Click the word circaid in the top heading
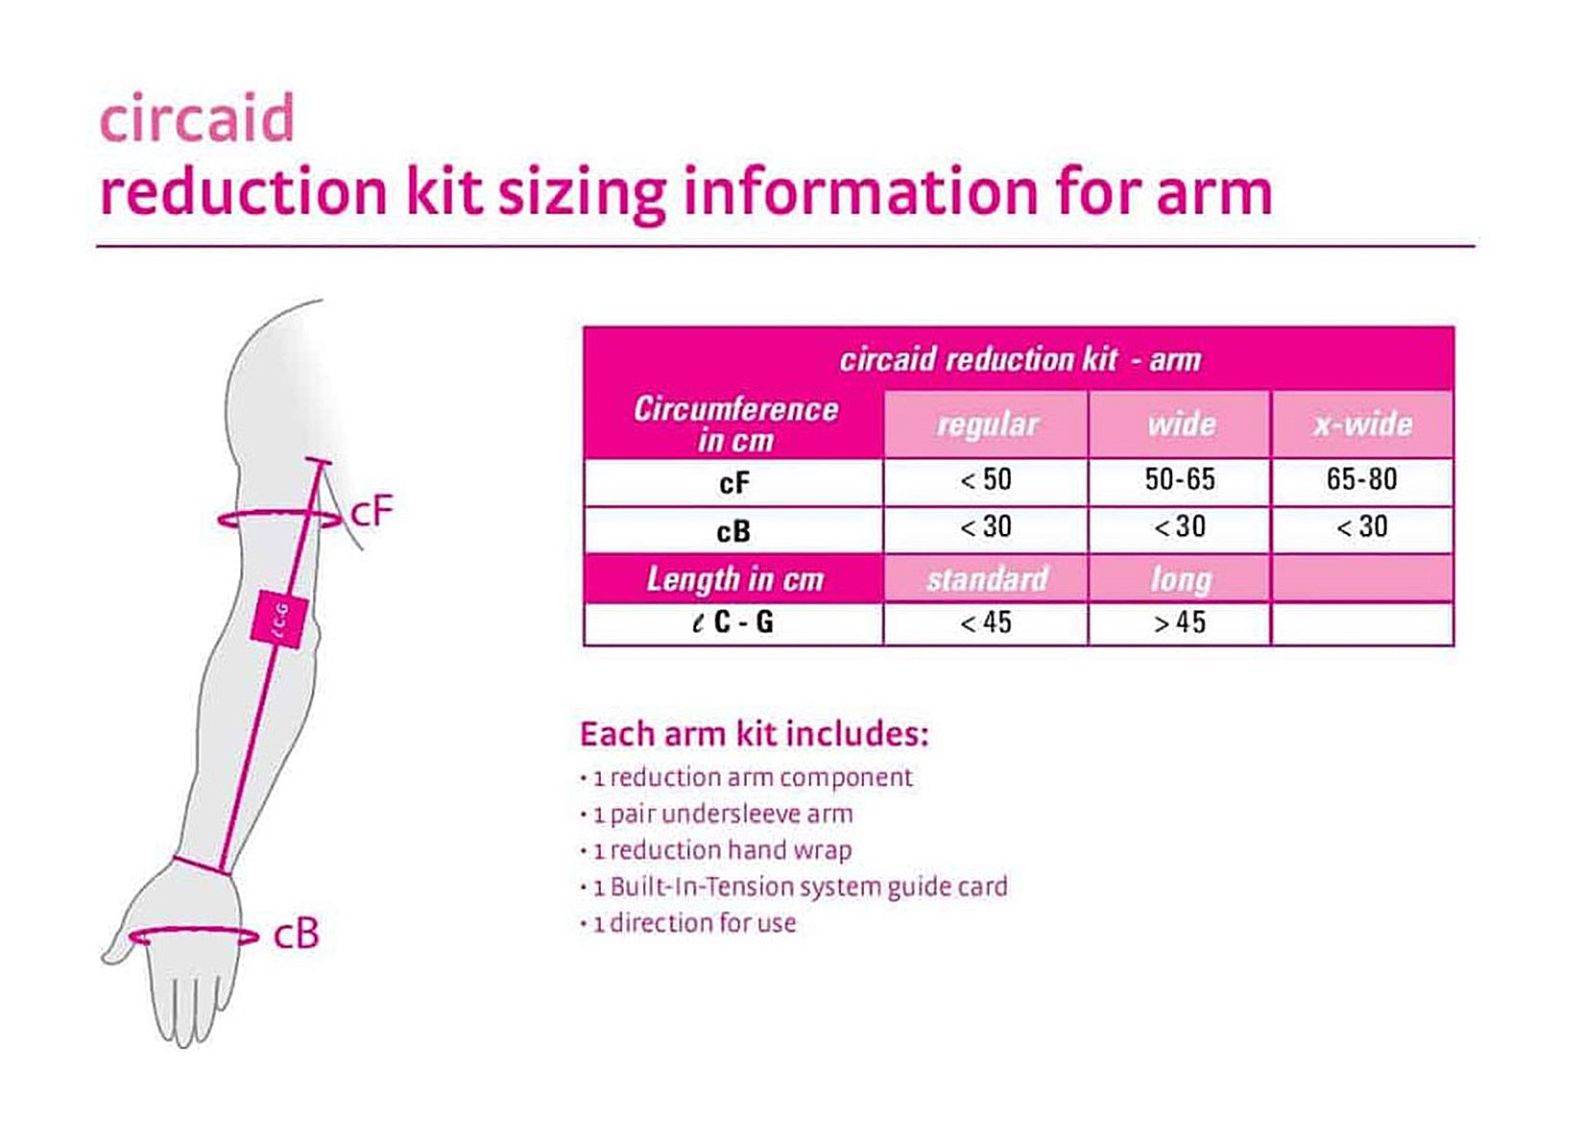pyautogui.click(x=198, y=118)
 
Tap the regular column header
pyautogui.click(x=987, y=425)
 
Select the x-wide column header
pyautogui.click(x=1362, y=425)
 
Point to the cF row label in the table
pyautogui.click(x=734, y=484)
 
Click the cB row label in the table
pyautogui.click(x=733, y=531)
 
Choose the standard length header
pyautogui.click(x=987, y=579)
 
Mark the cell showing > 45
pyautogui.click(x=1180, y=622)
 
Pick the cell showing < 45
pyautogui.click(x=986, y=622)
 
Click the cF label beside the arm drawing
pyautogui.click(x=372, y=511)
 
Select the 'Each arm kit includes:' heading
pyautogui.click(x=754, y=735)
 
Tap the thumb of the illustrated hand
pyautogui.click(x=122, y=939)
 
